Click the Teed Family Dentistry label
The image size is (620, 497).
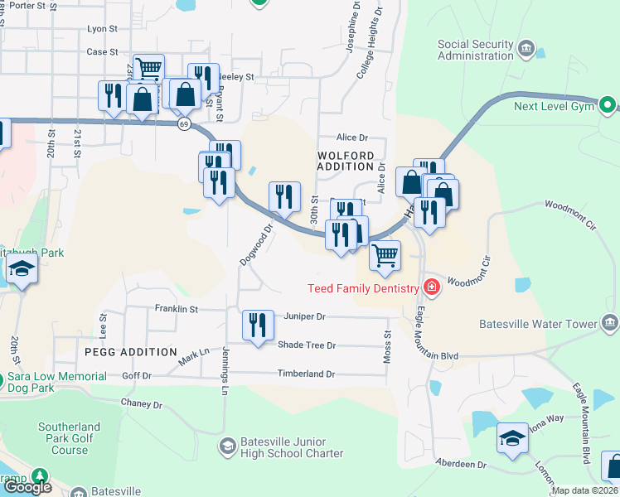coord(363,288)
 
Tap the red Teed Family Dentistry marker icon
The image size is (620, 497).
coord(431,287)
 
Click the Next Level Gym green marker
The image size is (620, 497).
coord(607,104)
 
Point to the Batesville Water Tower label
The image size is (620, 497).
coord(538,324)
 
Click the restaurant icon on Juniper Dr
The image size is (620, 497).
coord(258,325)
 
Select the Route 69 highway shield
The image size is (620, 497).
coord(184,123)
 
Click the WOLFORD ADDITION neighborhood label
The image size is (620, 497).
coord(346,161)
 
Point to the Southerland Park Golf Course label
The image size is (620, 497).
coord(69,439)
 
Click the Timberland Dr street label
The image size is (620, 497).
coord(306,374)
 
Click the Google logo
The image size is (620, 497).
coord(27,487)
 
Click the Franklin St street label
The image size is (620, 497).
coord(177,309)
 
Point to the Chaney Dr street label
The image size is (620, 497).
coord(142,404)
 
